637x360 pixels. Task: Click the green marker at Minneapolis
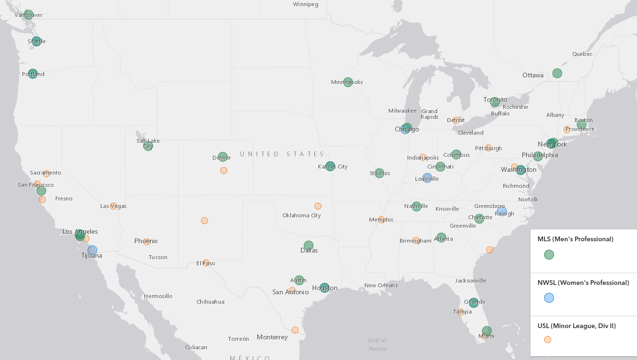click(x=348, y=82)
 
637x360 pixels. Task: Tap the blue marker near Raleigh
click(x=502, y=212)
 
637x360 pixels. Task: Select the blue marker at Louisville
click(x=427, y=178)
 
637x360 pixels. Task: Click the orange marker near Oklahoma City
click(x=318, y=206)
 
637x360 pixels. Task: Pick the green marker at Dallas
click(x=308, y=245)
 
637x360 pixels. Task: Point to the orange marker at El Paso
click(x=206, y=263)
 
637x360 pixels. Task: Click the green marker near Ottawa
click(x=557, y=73)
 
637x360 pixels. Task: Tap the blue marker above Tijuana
click(x=92, y=250)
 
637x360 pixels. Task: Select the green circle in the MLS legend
click(x=549, y=254)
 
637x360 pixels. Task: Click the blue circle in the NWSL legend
click(x=549, y=298)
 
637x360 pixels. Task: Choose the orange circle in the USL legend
click(x=547, y=339)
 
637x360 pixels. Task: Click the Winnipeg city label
click(x=305, y=4)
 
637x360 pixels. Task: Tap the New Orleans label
click(x=381, y=285)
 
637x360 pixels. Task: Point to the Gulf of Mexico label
click(x=377, y=345)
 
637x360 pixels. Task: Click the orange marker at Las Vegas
click(x=114, y=206)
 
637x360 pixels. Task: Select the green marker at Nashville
click(x=417, y=207)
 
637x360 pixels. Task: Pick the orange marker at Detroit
click(x=456, y=121)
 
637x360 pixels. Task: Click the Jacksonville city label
click(x=470, y=281)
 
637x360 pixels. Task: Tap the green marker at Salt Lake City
click(x=148, y=146)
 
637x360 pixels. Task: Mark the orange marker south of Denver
click(x=224, y=170)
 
